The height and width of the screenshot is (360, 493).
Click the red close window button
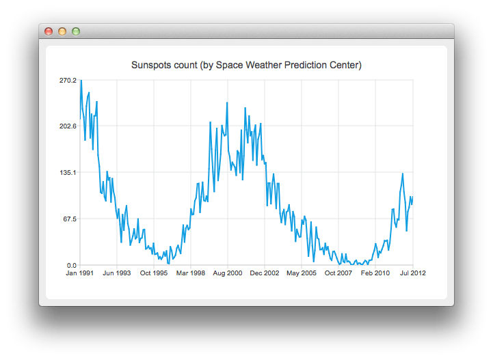[x=49, y=31]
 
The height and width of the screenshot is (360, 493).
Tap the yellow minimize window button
[x=62, y=31]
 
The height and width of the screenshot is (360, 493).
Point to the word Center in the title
[x=345, y=66]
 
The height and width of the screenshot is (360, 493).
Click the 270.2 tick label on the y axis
[x=68, y=80]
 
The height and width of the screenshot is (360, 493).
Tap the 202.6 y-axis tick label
[x=68, y=126]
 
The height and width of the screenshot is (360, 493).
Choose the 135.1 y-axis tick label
[x=68, y=173]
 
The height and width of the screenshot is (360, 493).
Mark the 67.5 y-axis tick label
[x=70, y=219]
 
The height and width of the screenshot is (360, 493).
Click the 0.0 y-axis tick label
[x=71, y=265]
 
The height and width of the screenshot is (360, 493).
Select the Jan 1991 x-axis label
[x=80, y=273]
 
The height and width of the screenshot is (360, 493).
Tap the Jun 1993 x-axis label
[x=117, y=273]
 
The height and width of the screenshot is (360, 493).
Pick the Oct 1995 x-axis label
[x=154, y=273]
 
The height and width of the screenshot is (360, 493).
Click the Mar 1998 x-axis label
[x=191, y=273]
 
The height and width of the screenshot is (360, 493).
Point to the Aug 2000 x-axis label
[x=228, y=273]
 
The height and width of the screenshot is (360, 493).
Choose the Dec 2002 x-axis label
[x=265, y=273]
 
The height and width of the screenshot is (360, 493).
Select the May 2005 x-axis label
[x=302, y=273]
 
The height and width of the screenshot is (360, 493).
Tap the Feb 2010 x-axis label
[x=375, y=273]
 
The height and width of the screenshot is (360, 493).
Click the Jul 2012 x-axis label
[x=412, y=273]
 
